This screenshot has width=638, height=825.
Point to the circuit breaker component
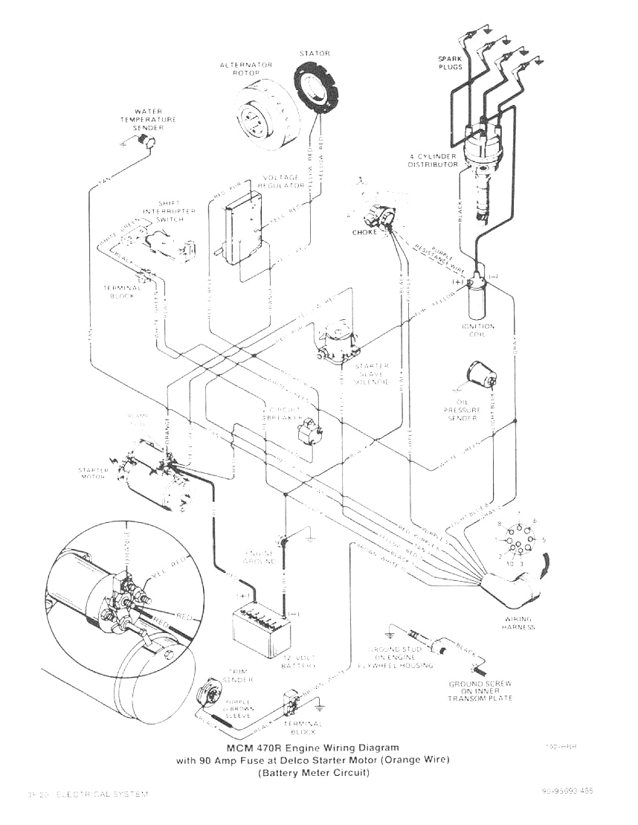[x=311, y=429]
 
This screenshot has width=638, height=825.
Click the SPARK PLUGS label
[x=449, y=62]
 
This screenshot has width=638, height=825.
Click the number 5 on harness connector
[x=544, y=539]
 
